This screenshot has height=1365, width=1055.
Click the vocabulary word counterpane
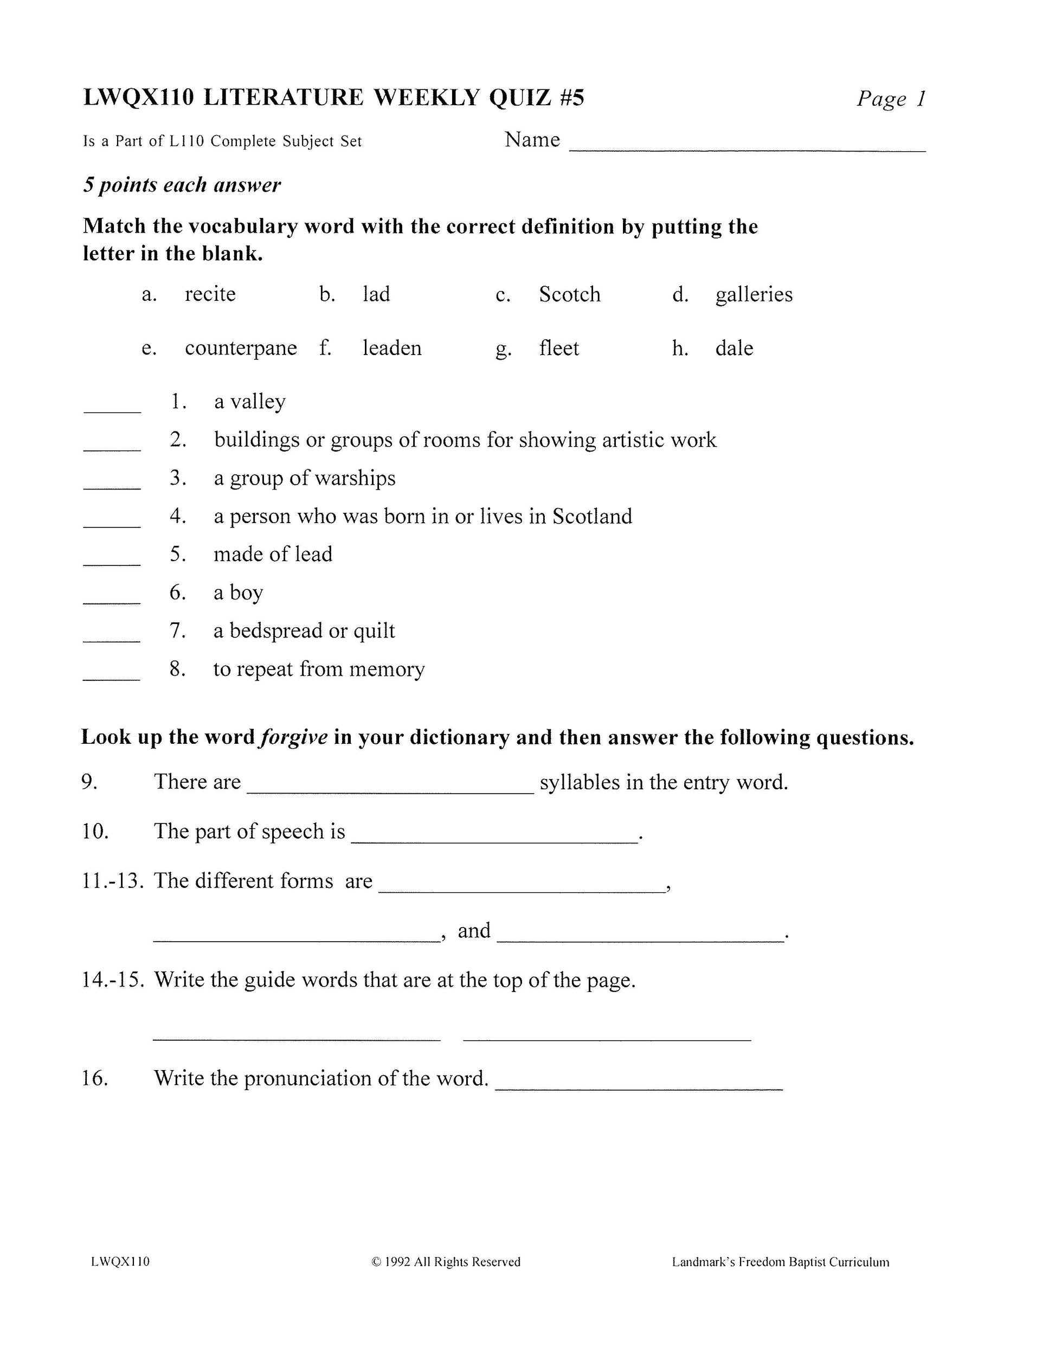[x=241, y=348]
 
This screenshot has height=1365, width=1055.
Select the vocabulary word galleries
[x=754, y=294]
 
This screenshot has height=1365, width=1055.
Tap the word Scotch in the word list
[x=569, y=294]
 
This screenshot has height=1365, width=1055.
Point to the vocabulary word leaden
[x=392, y=348]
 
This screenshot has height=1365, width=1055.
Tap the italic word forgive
[x=294, y=737]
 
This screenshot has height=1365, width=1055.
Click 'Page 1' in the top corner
[x=891, y=99]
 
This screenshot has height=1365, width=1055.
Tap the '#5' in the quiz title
[x=571, y=98]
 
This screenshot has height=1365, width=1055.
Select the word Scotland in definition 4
[x=592, y=516]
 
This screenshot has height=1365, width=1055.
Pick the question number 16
[x=95, y=1079]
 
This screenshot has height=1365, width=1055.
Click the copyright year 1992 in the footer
[x=397, y=1262]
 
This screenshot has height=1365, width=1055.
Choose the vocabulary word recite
[x=210, y=294]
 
